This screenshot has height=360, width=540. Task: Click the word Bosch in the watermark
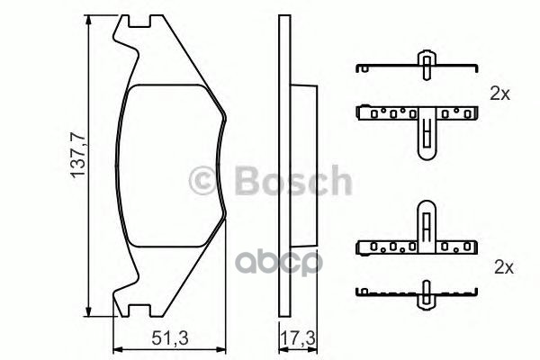coord(292,181)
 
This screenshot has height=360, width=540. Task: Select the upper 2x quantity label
coord(500,93)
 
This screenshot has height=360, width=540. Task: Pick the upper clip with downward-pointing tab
coord(417,119)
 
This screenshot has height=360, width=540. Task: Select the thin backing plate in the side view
coord(282,167)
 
